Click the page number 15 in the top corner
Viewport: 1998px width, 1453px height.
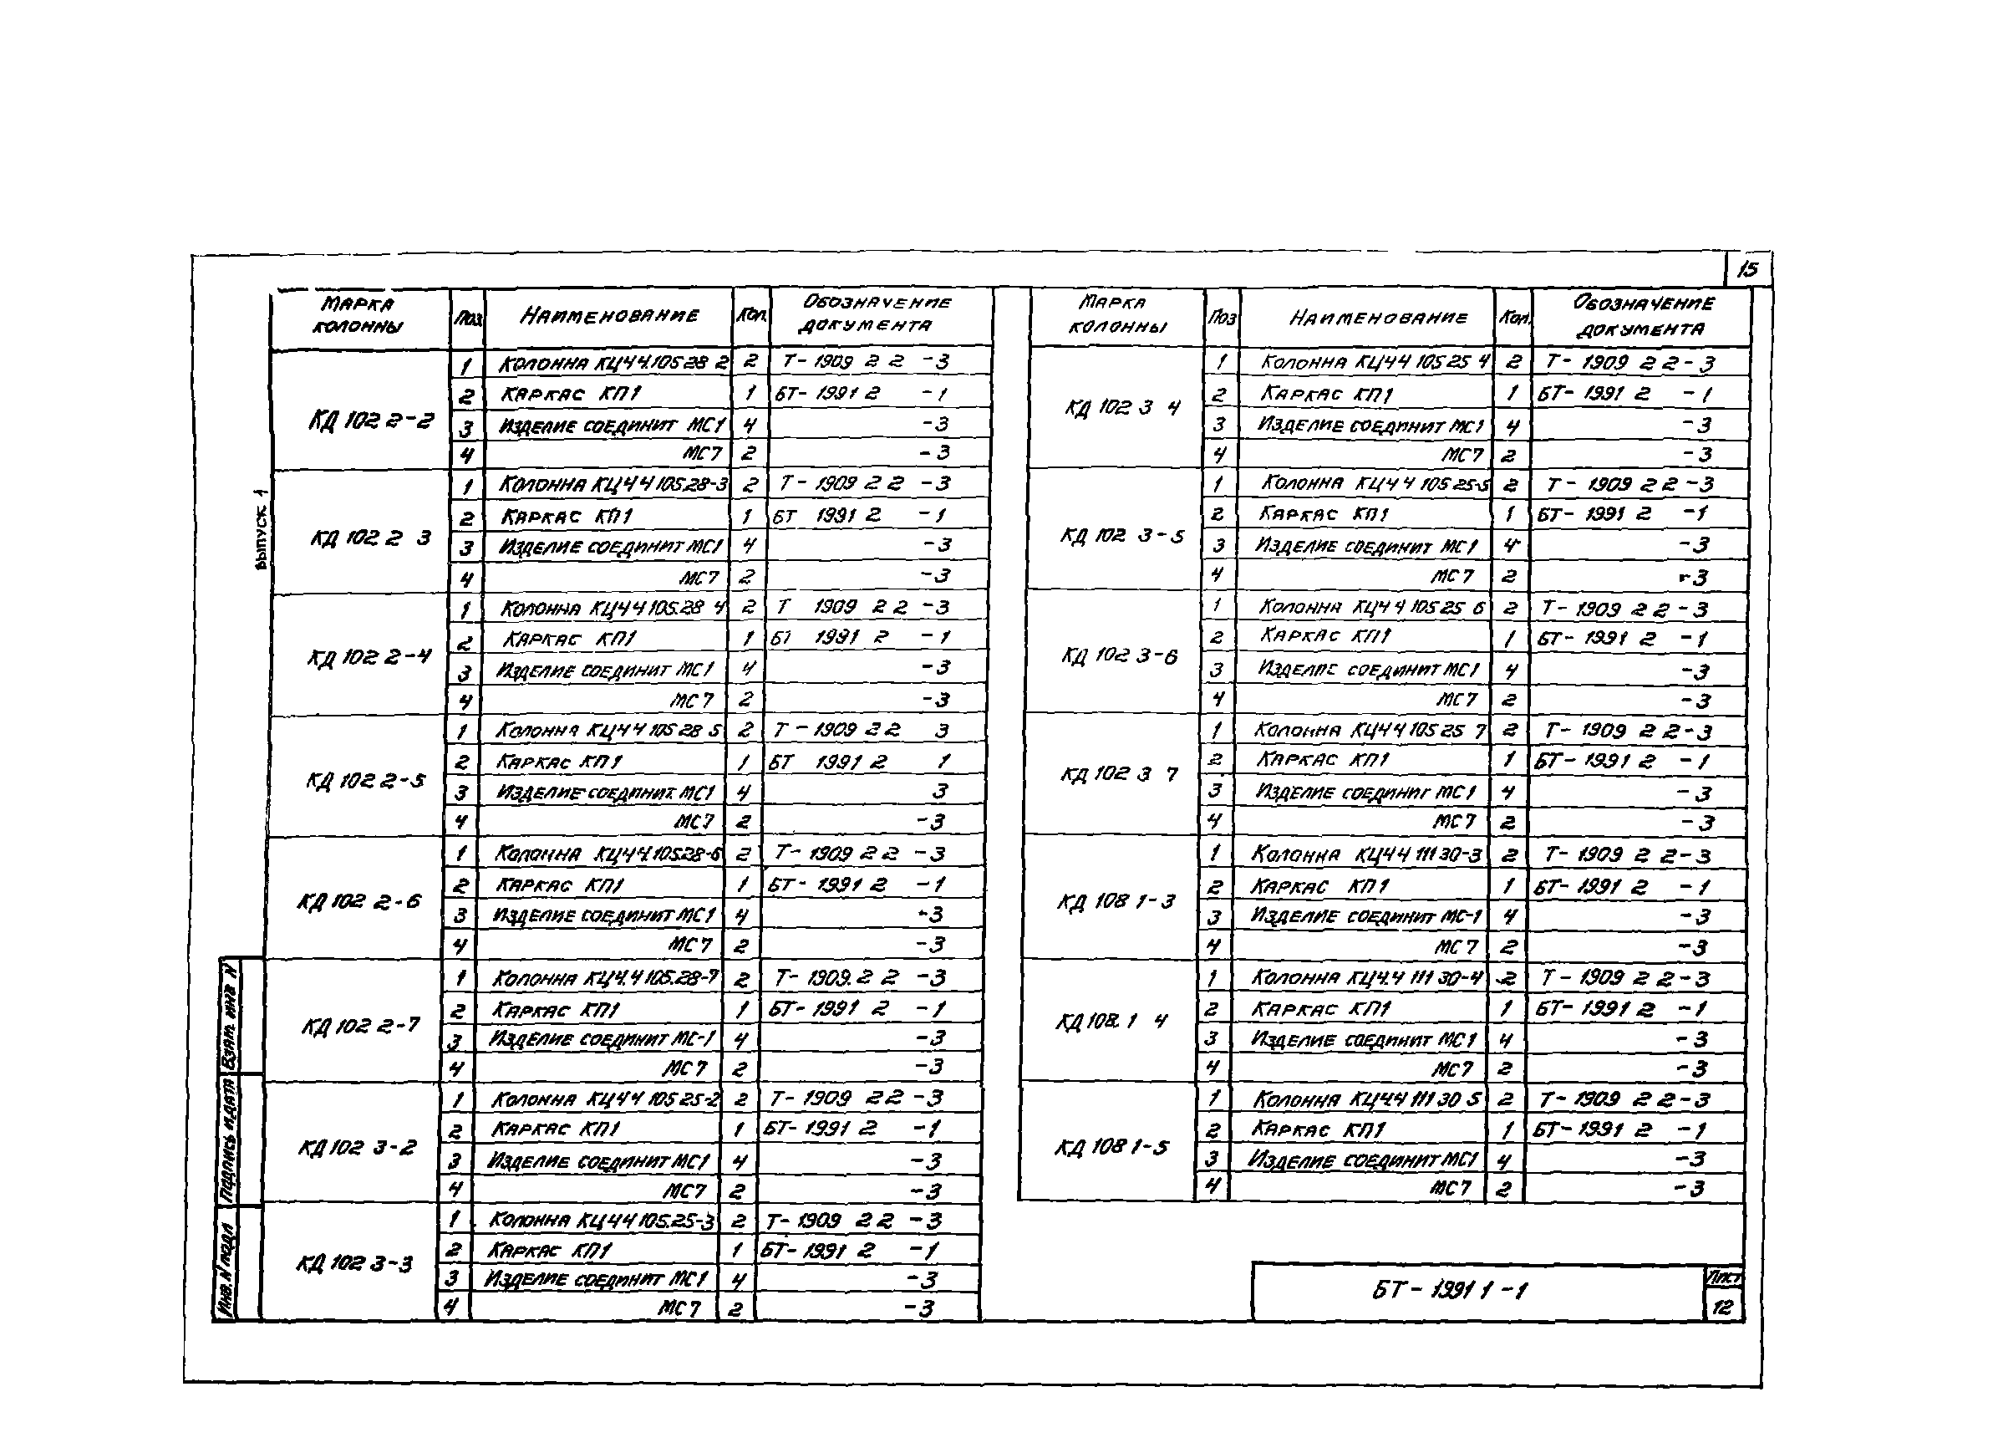pos(1747,270)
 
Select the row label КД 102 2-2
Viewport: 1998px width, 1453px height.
pos(371,421)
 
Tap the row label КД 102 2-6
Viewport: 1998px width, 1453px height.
pos(360,901)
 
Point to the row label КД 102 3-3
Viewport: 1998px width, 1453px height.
pos(354,1262)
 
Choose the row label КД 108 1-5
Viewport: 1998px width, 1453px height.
pos(1112,1147)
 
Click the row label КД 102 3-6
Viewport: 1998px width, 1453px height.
pos(1119,655)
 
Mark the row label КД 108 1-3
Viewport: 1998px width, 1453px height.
pos(1116,901)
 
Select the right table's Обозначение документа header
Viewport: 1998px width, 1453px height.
pos(1643,316)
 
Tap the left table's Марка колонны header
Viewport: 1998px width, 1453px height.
pos(358,314)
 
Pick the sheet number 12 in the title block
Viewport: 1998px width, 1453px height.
pos(1722,1307)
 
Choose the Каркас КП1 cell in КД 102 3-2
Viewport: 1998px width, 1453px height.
pos(556,1129)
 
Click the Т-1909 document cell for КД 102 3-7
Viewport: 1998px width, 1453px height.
pos(1628,732)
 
